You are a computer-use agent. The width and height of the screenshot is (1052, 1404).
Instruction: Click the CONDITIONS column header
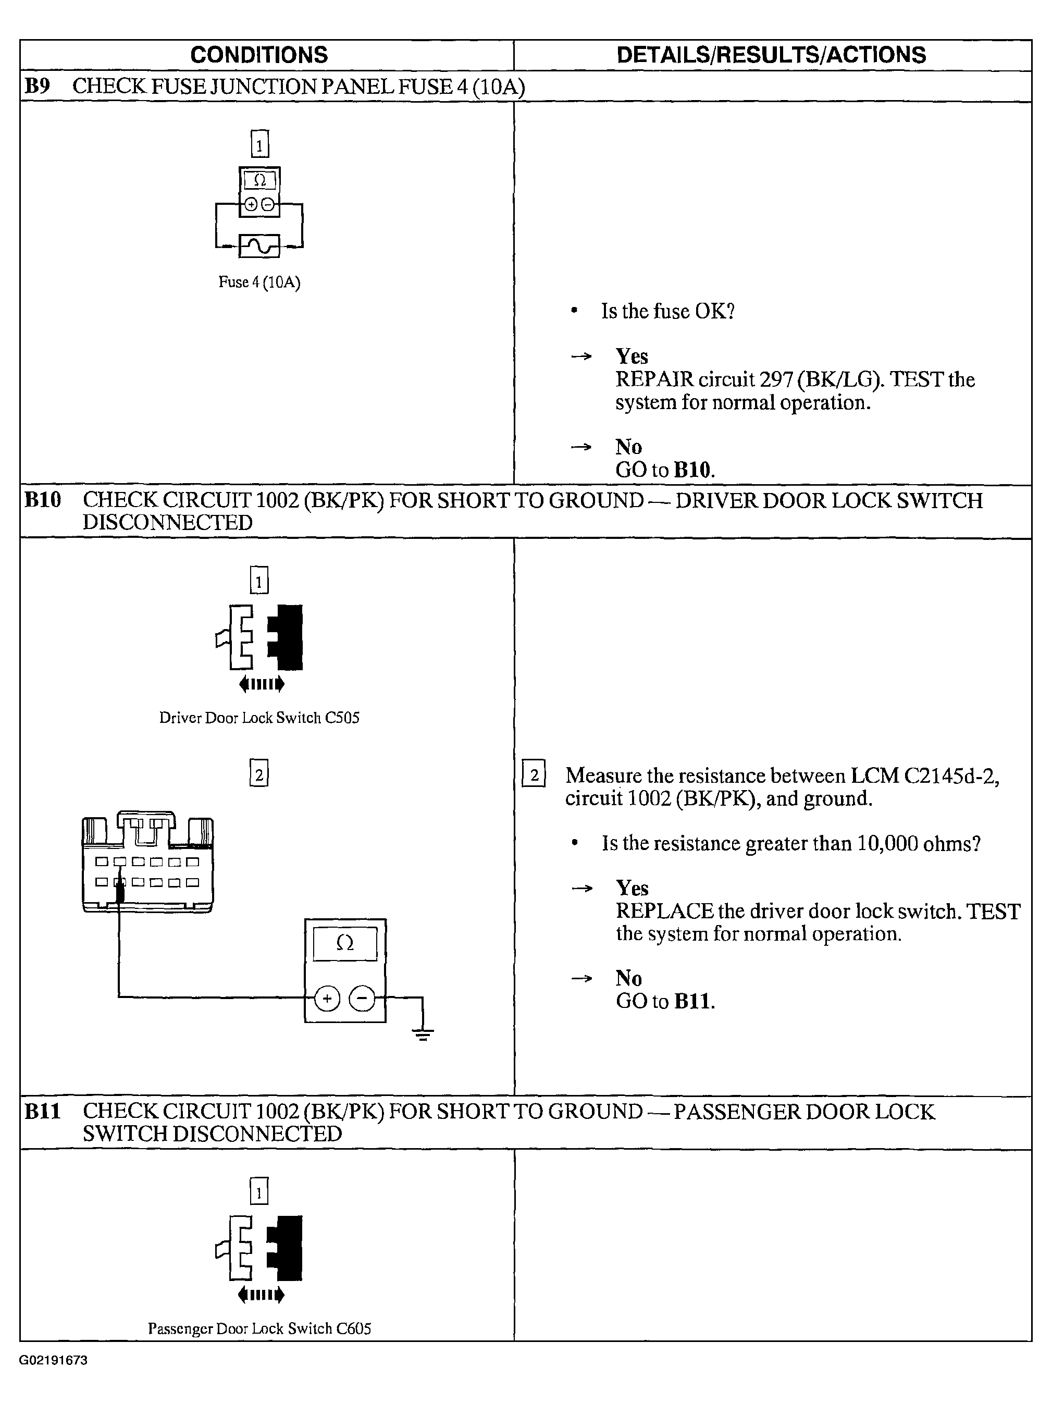tap(259, 55)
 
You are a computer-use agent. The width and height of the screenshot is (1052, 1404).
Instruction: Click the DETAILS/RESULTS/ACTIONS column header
tap(771, 55)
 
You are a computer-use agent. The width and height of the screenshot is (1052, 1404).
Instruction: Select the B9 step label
tap(37, 85)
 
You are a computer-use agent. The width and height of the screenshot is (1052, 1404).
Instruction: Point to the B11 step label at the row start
tap(43, 1112)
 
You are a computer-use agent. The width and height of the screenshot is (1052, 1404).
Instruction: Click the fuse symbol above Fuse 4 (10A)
tap(259, 245)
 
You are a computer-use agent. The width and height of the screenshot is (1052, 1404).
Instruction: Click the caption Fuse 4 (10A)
tap(259, 282)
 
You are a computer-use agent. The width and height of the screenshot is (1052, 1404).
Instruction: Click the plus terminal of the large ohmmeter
tap(327, 999)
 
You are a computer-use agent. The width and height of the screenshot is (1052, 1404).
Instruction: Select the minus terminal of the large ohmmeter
tap(362, 999)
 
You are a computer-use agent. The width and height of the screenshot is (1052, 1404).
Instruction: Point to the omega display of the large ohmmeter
tap(344, 944)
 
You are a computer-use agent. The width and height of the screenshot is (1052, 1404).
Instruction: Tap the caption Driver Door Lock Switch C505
tap(259, 717)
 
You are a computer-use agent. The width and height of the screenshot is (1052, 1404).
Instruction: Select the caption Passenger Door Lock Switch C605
tap(259, 1328)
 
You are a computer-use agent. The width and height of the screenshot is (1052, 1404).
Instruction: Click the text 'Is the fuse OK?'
tap(667, 311)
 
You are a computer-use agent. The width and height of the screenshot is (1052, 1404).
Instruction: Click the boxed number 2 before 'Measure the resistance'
tap(534, 774)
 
